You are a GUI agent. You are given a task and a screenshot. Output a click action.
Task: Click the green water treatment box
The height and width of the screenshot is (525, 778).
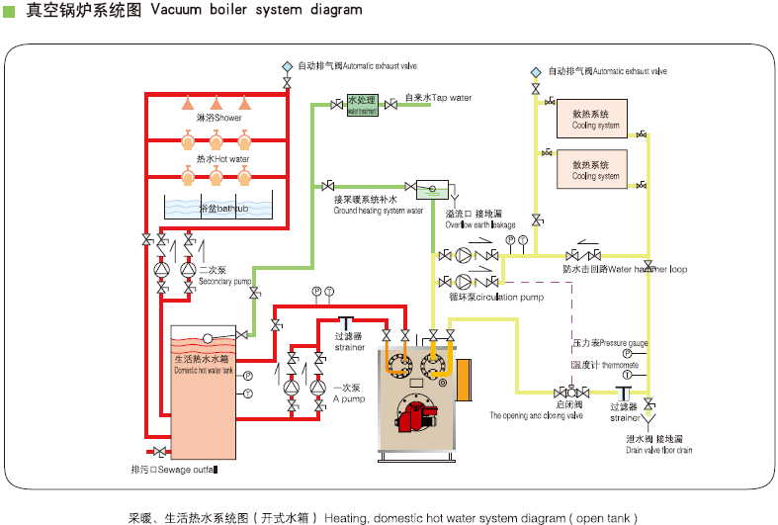point(362,104)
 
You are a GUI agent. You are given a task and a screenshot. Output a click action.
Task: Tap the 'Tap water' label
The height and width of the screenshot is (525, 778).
point(438,98)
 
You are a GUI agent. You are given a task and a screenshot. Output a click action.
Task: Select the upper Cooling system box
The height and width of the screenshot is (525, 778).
point(596,120)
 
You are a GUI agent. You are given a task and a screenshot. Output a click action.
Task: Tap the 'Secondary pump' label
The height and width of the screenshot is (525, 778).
point(227,276)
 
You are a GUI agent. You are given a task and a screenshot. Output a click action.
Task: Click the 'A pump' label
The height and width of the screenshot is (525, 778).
point(348,393)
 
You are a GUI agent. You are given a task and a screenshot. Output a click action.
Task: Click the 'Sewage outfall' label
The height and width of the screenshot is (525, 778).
point(174,470)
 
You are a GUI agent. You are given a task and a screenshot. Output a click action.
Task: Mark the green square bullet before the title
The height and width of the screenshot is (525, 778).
point(9,10)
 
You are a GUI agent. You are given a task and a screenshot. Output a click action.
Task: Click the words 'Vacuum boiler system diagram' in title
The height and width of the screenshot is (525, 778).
point(255,10)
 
